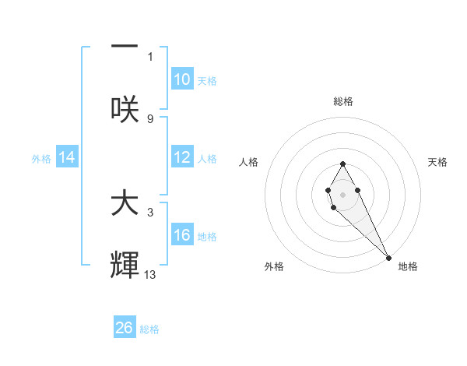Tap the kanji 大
click(x=125, y=204)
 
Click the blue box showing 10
click(x=182, y=79)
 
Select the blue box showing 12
click(x=182, y=158)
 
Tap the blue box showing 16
click(x=182, y=236)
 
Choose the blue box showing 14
click(x=67, y=158)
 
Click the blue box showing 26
click(x=125, y=328)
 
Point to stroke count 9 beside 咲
click(x=150, y=118)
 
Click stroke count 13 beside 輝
click(x=150, y=275)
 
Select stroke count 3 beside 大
click(x=150, y=212)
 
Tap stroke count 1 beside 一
click(x=150, y=56)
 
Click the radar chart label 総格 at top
click(x=343, y=101)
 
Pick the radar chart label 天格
click(x=437, y=162)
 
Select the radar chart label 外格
click(x=274, y=266)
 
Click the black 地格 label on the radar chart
click(x=408, y=266)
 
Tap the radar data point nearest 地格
click(x=389, y=257)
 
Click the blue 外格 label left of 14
click(x=41, y=159)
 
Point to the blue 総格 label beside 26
click(x=149, y=329)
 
